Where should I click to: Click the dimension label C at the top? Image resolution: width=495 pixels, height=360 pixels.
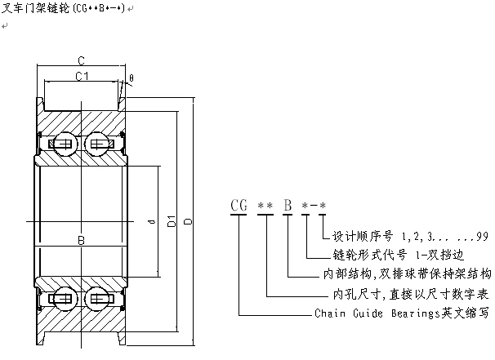(x=82, y=60)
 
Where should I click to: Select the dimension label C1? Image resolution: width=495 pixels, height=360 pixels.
(x=82, y=77)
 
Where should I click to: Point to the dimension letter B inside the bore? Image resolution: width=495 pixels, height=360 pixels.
(x=81, y=240)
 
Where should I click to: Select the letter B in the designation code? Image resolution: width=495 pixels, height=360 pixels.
(x=288, y=205)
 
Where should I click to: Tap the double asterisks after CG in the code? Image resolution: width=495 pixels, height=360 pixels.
(x=265, y=205)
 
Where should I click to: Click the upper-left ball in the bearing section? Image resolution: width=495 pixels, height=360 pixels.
(x=64, y=145)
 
